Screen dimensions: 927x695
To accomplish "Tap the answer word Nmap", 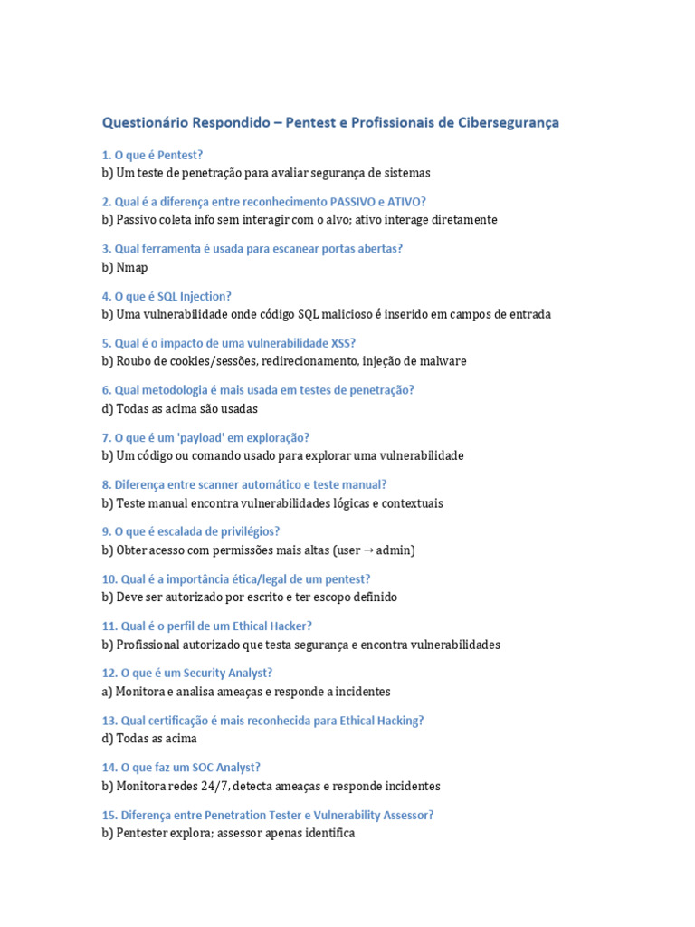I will click(x=132, y=267).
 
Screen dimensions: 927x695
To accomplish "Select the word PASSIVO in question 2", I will click(x=359, y=202).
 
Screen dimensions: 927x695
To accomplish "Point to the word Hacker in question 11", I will click(x=292, y=626).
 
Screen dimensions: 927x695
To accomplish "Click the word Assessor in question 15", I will click(x=405, y=815).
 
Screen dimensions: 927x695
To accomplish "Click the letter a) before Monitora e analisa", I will click(x=108, y=692).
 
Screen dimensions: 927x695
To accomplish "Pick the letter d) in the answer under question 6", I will click(x=108, y=408).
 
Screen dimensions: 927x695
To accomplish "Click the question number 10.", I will click(x=109, y=578).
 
